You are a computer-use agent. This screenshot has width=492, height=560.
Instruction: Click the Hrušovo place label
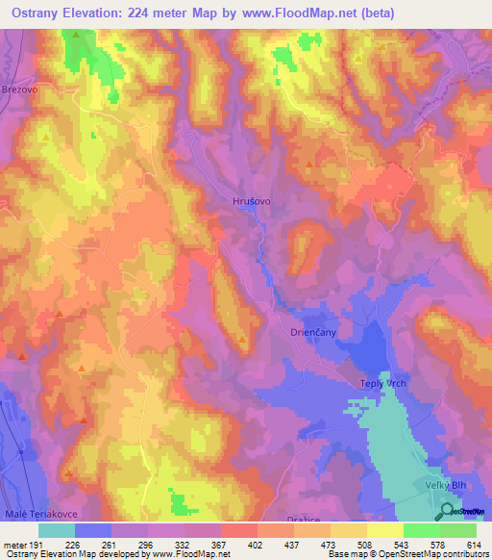(x=252, y=201)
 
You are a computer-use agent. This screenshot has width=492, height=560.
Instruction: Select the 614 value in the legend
(x=475, y=545)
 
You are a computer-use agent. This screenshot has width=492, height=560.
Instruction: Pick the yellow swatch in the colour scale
(x=384, y=530)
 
